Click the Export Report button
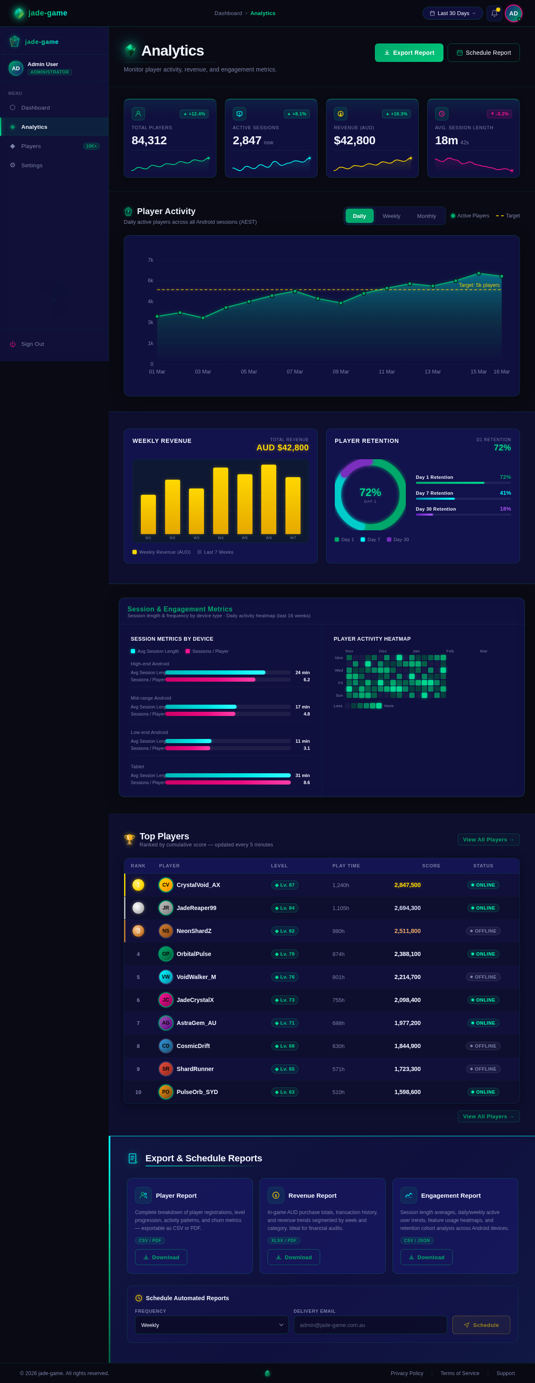click(x=409, y=53)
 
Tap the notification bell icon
click(x=494, y=13)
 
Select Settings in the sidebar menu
click(x=32, y=165)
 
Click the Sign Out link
click(x=32, y=344)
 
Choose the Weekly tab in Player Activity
click(x=391, y=216)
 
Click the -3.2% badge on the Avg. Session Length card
click(x=499, y=114)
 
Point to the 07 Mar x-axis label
click(x=295, y=371)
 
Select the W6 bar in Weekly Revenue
click(x=268, y=499)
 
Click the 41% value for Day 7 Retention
click(x=505, y=493)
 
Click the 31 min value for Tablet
click(x=302, y=775)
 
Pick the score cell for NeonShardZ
click(x=407, y=931)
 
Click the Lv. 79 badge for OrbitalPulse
click(x=284, y=954)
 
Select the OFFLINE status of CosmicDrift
click(x=483, y=1046)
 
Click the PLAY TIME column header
click(x=346, y=865)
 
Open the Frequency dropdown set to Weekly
click(x=211, y=1324)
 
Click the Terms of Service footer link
click(x=459, y=1373)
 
